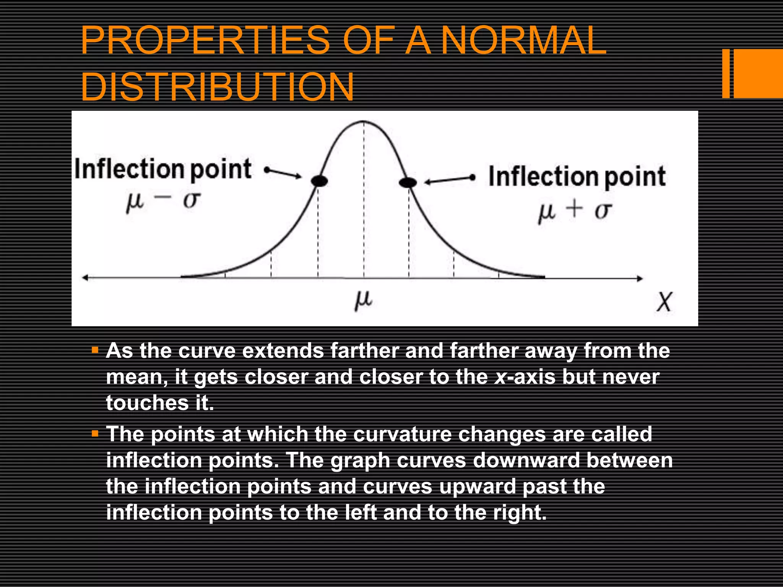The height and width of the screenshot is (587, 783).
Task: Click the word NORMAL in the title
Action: point(523,40)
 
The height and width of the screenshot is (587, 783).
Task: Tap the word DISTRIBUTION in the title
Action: point(217,87)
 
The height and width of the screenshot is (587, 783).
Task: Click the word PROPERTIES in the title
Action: point(205,40)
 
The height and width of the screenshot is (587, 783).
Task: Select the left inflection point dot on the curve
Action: point(319,181)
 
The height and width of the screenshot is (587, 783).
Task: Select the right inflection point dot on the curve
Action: point(408,183)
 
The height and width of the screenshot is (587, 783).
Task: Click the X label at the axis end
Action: point(664,302)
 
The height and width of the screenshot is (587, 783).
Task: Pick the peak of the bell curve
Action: point(363,122)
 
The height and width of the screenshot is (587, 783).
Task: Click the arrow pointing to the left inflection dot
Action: point(283,173)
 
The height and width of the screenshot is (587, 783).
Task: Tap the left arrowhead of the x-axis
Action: point(85,278)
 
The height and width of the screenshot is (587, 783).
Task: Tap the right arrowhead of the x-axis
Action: point(640,279)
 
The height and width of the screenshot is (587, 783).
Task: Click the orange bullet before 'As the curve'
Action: point(95,350)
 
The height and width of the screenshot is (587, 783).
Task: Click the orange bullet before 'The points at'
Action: point(95,434)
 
